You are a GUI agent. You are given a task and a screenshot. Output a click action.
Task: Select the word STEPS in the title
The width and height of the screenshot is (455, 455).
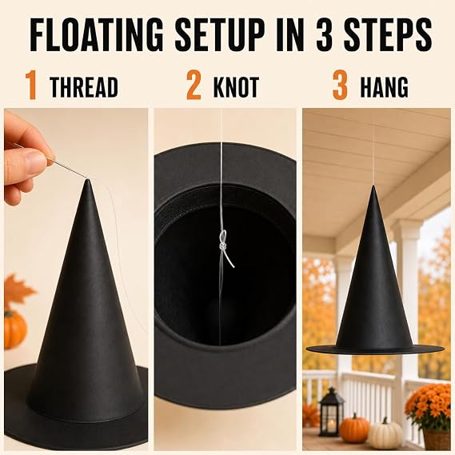[388, 35]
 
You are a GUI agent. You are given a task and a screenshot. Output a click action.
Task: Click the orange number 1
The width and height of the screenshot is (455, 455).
[32, 85]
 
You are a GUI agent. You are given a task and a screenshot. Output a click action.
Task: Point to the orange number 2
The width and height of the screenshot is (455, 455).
[194, 85]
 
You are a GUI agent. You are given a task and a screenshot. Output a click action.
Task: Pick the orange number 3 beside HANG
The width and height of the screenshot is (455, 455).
[340, 85]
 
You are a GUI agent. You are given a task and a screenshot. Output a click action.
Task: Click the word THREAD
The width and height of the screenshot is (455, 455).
[84, 87]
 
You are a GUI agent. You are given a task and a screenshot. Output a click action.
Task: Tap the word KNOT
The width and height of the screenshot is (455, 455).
[236, 87]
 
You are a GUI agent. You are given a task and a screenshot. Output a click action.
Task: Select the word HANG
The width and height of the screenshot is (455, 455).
[384, 87]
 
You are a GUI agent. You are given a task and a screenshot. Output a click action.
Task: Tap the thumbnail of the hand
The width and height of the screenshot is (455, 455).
[34, 159]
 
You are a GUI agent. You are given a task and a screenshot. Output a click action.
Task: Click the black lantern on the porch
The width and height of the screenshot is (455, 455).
[330, 411]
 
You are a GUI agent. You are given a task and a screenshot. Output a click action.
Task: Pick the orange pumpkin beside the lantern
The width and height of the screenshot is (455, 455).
[353, 429]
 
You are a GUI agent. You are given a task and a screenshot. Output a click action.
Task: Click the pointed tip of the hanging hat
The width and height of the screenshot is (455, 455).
[373, 186]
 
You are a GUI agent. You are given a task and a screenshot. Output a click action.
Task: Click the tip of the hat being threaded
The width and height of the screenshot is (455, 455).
[88, 181]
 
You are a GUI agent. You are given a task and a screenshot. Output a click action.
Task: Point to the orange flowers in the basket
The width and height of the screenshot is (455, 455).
[429, 406]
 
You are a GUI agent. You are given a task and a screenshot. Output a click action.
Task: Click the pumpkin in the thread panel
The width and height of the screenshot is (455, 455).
[14, 329]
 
